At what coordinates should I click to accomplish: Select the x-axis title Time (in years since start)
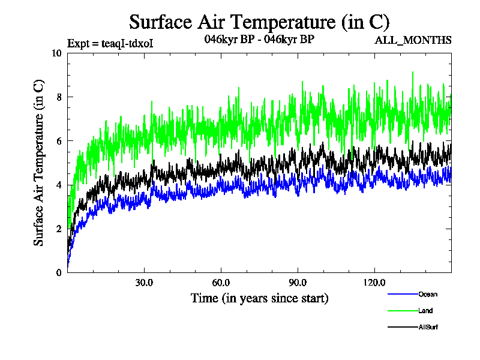click(259, 298)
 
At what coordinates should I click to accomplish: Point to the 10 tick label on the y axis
click(57, 53)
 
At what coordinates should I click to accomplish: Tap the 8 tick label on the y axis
click(59, 97)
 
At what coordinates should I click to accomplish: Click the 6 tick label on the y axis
click(59, 140)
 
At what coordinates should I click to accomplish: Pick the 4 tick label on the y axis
click(59, 185)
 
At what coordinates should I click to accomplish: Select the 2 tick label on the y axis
click(59, 229)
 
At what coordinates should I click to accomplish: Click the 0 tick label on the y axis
click(59, 272)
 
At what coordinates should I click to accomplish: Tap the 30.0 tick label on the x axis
click(144, 283)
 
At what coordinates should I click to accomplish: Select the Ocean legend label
click(428, 294)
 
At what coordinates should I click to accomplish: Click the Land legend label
click(425, 311)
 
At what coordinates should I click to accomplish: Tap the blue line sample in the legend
click(402, 294)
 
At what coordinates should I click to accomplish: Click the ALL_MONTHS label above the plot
click(413, 41)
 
